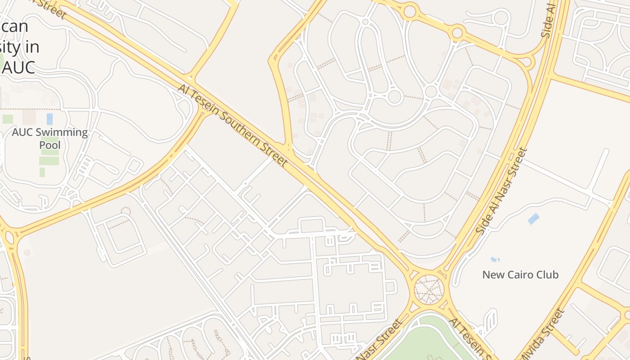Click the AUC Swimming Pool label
click(49, 139)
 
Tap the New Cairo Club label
click(520, 274)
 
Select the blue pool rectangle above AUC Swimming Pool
click(49, 119)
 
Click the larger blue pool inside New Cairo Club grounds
click(533, 219)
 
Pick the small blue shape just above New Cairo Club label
click(495, 260)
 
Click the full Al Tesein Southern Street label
click(232, 125)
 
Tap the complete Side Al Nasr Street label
click(501, 191)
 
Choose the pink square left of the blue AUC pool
click(29, 117)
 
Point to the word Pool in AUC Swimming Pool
click(49, 145)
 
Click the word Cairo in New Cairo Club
click(522, 274)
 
